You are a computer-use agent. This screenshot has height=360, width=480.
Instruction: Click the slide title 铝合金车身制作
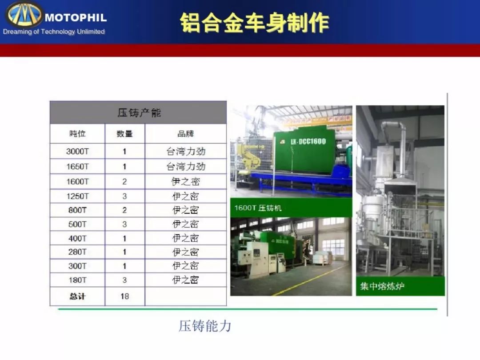(254, 23)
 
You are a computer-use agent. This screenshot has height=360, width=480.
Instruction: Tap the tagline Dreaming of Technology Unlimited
(54, 32)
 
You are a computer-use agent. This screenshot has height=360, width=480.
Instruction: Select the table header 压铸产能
(139, 112)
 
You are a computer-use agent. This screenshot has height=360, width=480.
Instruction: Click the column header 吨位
(77, 133)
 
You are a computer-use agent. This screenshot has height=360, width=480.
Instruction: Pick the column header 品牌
(185, 133)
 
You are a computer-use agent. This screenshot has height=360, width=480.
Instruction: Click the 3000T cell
(77, 151)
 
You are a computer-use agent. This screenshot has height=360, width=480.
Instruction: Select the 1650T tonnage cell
(77, 167)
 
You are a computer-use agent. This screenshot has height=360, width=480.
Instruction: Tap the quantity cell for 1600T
(124, 181)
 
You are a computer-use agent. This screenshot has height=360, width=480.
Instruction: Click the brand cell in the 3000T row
(186, 151)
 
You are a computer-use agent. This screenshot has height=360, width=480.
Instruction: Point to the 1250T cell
(77, 196)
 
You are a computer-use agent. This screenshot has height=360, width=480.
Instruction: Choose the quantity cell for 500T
(124, 224)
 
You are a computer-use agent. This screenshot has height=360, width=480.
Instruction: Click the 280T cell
(77, 252)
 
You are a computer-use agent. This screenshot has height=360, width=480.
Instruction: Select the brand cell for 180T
(186, 280)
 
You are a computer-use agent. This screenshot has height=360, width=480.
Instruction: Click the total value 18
(124, 296)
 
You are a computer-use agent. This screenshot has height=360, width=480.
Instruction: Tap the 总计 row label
(77, 296)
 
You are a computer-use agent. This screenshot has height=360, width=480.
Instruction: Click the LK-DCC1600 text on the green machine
(308, 141)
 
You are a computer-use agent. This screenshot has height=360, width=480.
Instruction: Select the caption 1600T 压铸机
(258, 208)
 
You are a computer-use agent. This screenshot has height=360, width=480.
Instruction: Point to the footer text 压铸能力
(205, 326)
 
